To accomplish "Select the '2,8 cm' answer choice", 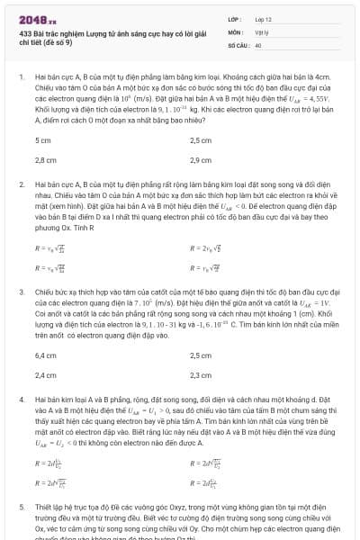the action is (45, 159).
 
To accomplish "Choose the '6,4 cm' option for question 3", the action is (45, 355).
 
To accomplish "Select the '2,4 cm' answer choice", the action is (45, 373).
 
